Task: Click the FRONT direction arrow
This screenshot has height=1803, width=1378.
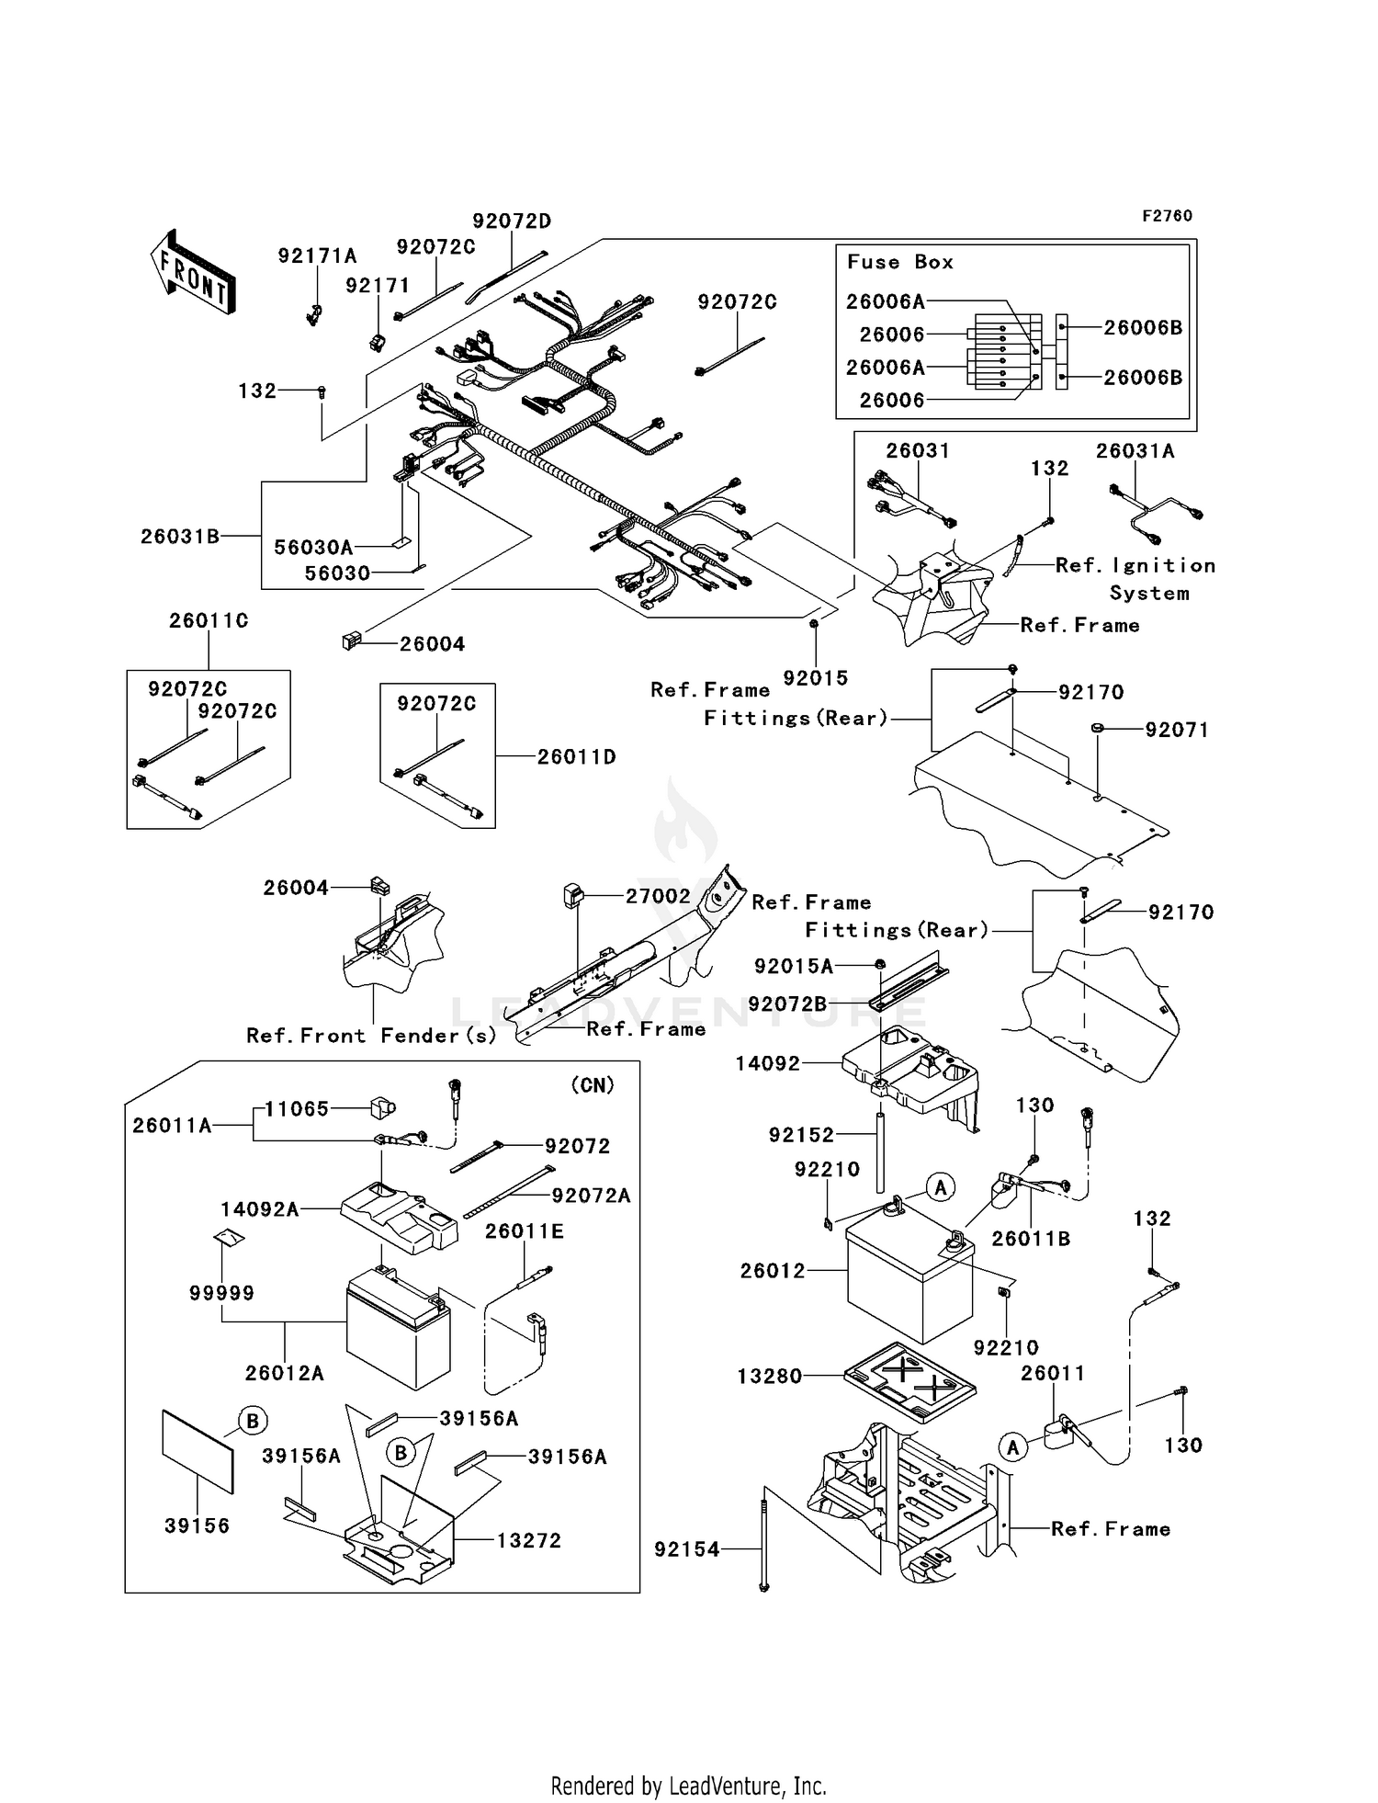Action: (x=193, y=272)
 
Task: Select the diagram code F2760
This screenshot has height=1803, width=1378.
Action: (x=1167, y=216)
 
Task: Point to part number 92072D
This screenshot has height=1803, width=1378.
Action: (x=512, y=221)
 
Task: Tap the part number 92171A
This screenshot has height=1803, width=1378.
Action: (x=317, y=256)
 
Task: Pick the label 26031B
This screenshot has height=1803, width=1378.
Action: (x=180, y=536)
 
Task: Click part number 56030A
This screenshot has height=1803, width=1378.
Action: (x=313, y=548)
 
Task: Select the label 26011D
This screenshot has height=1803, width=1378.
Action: (x=576, y=757)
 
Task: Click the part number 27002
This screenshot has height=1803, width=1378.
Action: (x=658, y=896)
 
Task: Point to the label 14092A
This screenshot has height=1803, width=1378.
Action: (x=260, y=1209)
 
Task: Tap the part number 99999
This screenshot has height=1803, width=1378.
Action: (x=221, y=1293)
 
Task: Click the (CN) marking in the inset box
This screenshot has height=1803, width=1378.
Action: (x=593, y=1085)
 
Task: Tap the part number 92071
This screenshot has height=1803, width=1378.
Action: (x=1176, y=731)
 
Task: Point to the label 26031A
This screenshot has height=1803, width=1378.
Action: (x=1135, y=451)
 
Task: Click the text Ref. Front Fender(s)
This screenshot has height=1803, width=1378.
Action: (x=371, y=1036)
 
